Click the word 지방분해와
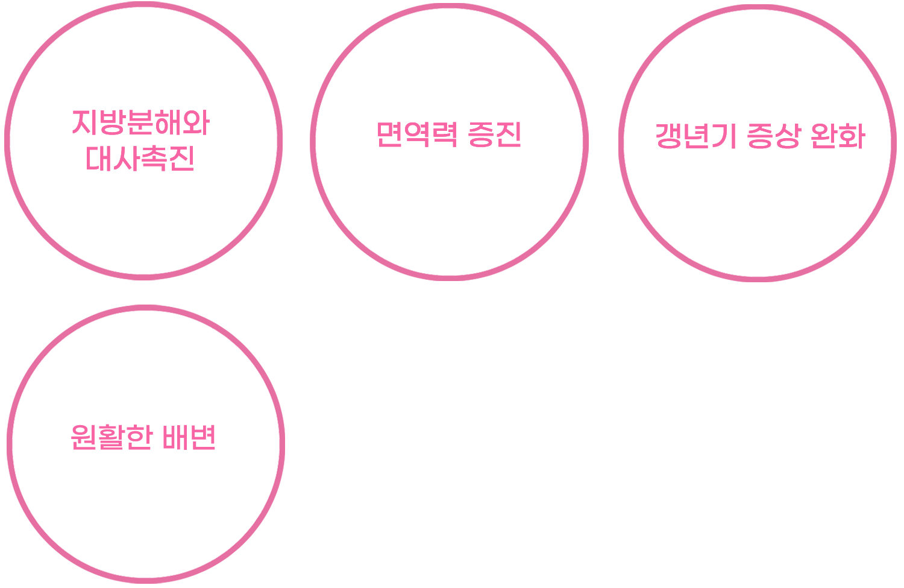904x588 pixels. coord(140,123)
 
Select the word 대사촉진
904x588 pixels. coord(139,159)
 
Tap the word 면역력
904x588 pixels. coord(416,134)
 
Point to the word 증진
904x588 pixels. coord(494,134)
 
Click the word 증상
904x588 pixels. coord(774,136)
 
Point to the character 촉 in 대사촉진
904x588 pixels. coord(154,159)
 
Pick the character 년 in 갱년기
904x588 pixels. coord(695,136)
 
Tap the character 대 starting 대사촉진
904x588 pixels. coord(97,159)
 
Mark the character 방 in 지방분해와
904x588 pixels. coord(113,123)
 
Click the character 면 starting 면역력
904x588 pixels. coord(391,134)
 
